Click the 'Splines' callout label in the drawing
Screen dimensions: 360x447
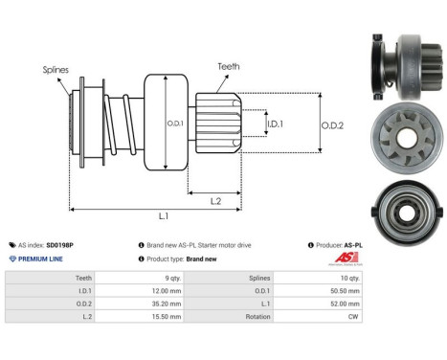[55, 70]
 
